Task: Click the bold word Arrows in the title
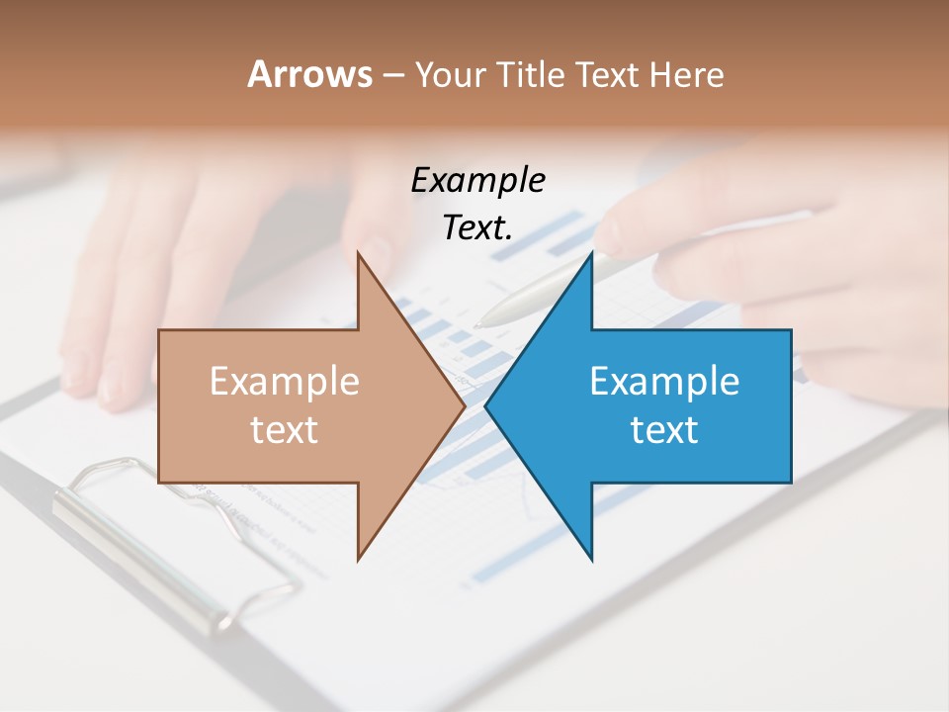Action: coord(309,74)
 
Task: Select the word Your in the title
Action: coord(450,75)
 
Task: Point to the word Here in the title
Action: coord(687,75)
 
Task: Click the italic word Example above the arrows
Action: coord(477,180)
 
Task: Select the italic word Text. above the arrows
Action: coord(477,227)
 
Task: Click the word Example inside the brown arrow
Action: coord(285,382)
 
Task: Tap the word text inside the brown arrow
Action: coord(285,430)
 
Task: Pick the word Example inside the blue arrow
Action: coord(664,382)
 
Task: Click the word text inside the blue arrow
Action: coord(664,430)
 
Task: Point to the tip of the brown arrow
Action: coord(464,406)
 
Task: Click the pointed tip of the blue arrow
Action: coord(486,406)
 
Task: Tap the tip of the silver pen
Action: coord(478,323)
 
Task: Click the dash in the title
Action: coord(392,75)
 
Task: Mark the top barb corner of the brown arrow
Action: coord(358,253)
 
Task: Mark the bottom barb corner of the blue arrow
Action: coord(591,560)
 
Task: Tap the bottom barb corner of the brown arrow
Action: coord(358,560)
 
